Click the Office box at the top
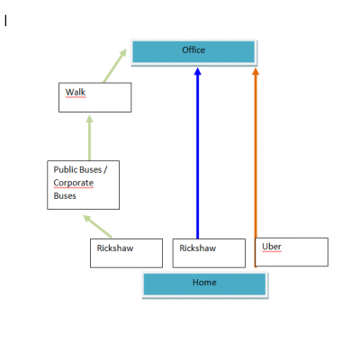coord(193,52)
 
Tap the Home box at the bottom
coord(205,284)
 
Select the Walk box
coord(95,97)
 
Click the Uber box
coord(292,252)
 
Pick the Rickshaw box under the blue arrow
coord(209,253)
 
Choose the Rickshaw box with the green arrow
coord(127,253)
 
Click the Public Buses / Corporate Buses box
coord(84,184)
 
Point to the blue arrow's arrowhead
coord(197,71)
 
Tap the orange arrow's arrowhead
coord(256,71)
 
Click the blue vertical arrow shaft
coord(197,157)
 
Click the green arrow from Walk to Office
coord(115,66)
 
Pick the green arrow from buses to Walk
coord(89,138)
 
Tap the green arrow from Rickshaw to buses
coord(97,227)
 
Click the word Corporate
coord(74,183)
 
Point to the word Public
coord(63,169)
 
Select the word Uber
coord(272,247)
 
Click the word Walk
coord(76,92)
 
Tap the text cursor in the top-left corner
coord(5,21)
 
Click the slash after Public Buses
coord(105,170)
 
